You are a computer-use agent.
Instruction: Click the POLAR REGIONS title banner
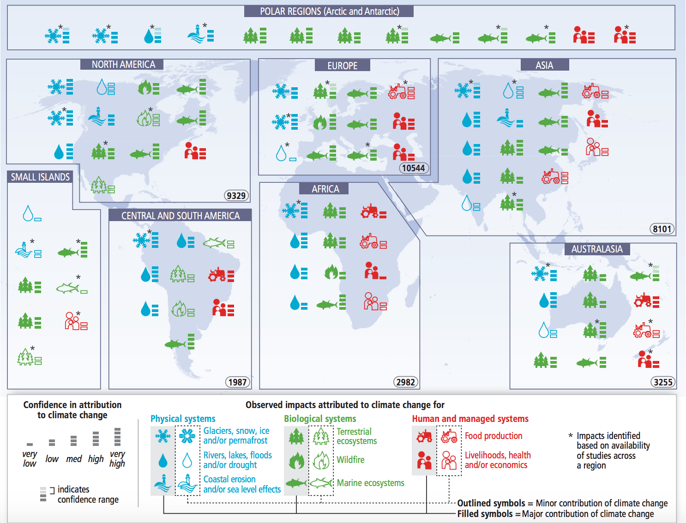[329, 11]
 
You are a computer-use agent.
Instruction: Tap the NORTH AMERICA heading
[123, 65]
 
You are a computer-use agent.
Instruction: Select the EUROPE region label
[342, 66]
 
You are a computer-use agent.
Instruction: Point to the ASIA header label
[544, 65]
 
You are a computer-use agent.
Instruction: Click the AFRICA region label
[325, 189]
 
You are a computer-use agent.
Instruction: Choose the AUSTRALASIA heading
[597, 249]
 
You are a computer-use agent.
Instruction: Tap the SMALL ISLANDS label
[40, 177]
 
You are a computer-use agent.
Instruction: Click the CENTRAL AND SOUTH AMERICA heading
[181, 216]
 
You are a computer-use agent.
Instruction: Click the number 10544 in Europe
[413, 168]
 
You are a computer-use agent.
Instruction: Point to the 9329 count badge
[236, 196]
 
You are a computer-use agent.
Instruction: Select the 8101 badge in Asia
[662, 229]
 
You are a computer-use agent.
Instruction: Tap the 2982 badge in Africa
[405, 382]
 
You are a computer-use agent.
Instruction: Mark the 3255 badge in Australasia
[663, 382]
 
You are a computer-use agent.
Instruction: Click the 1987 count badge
[237, 382]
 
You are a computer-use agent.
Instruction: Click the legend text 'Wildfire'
[350, 460]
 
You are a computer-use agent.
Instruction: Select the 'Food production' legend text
[493, 436]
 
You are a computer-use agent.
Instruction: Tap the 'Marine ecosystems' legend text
[370, 483]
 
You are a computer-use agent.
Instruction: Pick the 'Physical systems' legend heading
[183, 419]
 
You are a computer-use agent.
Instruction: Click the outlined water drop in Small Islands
[28, 213]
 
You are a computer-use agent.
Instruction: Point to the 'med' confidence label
[74, 459]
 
